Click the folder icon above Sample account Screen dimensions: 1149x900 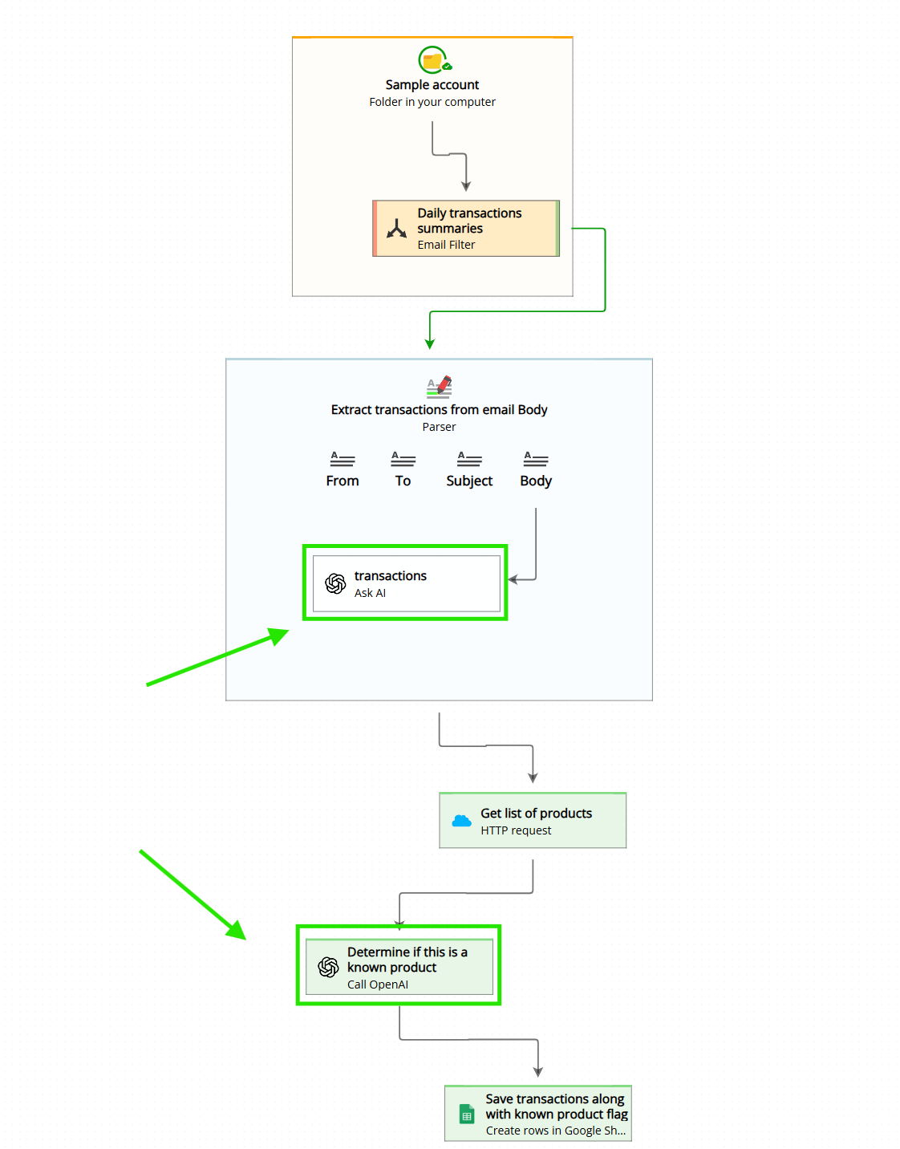[x=433, y=60]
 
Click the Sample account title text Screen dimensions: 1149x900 [x=432, y=85]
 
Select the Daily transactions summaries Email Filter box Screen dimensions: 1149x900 [x=466, y=229]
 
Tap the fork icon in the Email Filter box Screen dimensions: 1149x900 [x=396, y=229]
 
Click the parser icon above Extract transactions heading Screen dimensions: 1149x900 [x=439, y=386]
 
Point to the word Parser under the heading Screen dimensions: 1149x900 [x=439, y=427]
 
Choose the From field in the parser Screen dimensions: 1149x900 [x=343, y=469]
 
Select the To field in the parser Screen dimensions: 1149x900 [x=403, y=469]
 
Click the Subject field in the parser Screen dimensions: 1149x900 [x=469, y=469]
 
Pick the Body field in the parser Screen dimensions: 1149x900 [x=536, y=469]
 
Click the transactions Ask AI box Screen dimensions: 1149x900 [x=406, y=583]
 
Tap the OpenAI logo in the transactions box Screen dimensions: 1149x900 [x=335, y=583]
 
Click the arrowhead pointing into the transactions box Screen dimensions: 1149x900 [x=513, y=579]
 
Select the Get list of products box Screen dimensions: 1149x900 [x=533, y=821]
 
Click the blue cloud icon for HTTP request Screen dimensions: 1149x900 [x=461, y=821]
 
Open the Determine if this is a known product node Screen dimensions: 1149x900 [x=399, y=967]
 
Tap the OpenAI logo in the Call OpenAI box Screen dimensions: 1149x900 [x=328, y=968]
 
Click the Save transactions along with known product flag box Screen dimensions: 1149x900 [x=538, y=1114]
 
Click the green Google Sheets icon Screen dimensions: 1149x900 [x=467, y=1114]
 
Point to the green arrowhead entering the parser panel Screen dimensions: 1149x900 [x=430, y=344]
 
